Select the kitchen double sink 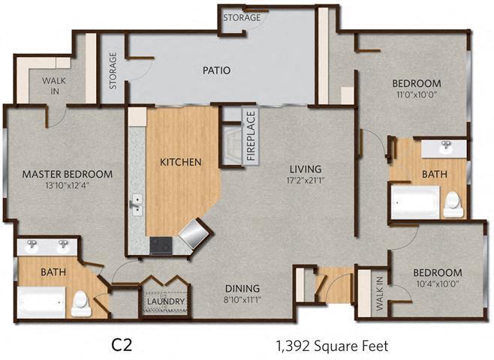[x=137, y=205]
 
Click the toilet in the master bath [x=81, y=304]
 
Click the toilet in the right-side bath [x=453, y=204]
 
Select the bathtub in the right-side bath [x=414, y=202]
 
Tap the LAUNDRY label [x=165, y=304]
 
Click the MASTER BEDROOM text [x=67, y=174]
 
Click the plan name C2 [x=122, y=344]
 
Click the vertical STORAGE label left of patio [x=113, y=70]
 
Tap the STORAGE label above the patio [x=242, y=17]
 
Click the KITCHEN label [x=180, y=161]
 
